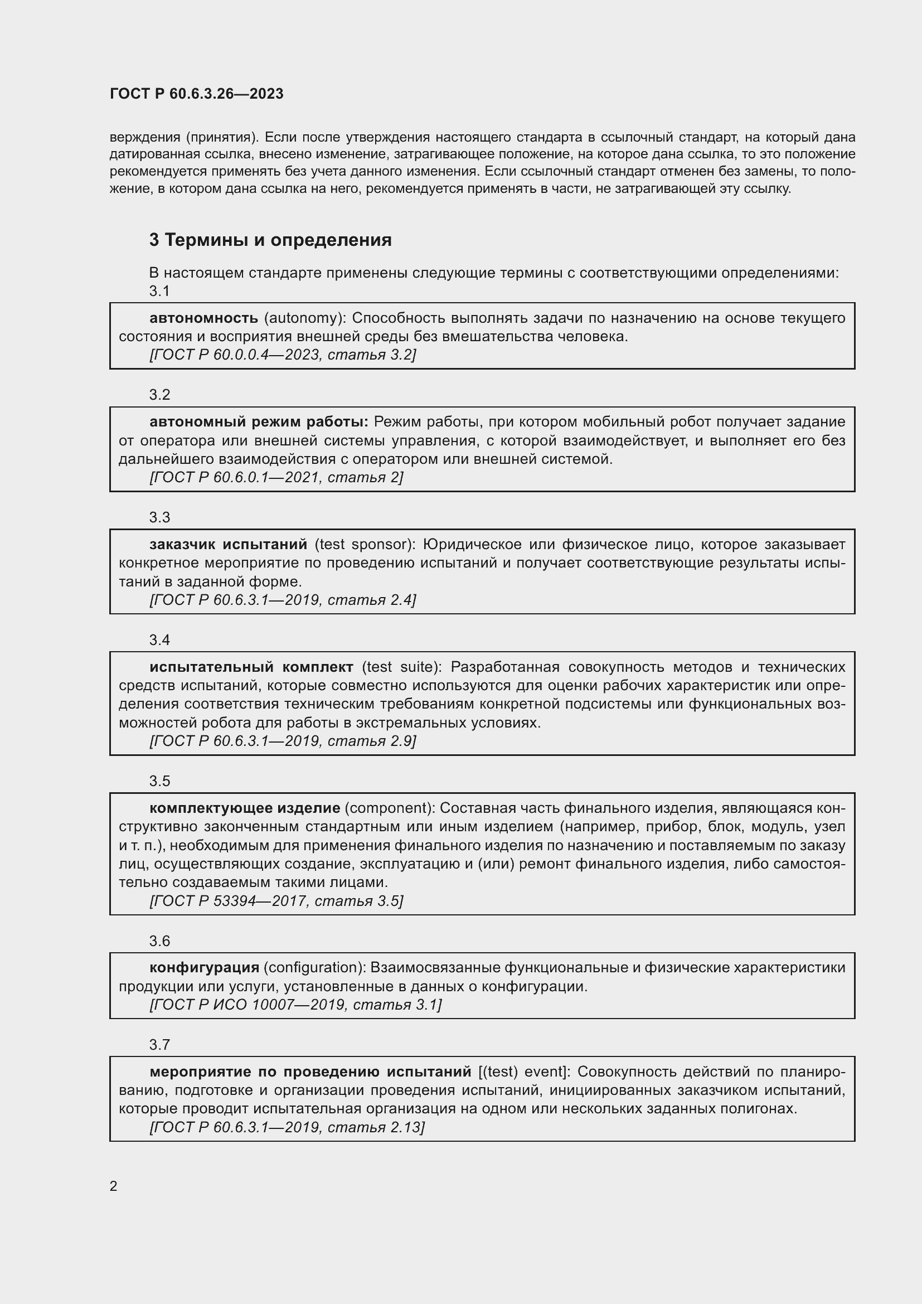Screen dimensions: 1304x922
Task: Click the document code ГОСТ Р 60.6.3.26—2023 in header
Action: point(196,94)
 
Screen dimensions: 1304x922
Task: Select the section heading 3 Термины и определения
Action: point(270,240)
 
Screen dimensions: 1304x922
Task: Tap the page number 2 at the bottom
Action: point(114,1186)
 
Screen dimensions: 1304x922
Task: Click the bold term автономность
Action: point(203,318)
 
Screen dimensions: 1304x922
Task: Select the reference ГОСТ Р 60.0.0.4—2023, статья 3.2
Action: point(282,355)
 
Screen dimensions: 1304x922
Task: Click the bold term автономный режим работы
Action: point(259,422)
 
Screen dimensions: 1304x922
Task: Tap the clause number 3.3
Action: point(159,517)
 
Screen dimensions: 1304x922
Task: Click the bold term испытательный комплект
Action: point(251,667)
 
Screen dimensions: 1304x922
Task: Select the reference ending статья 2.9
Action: point(282,741)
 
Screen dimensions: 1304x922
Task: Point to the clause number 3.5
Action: point(159,781)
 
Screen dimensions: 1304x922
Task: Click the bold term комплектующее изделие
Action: point(245,808)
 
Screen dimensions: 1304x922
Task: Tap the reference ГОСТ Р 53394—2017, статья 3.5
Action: point(276,901)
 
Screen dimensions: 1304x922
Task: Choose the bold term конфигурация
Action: point(205,967)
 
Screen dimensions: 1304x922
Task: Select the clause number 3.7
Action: point(159,1044)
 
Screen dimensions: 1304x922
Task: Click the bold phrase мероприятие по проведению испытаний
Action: point(310,1072)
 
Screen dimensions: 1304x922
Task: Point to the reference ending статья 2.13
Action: point(287,1127)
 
